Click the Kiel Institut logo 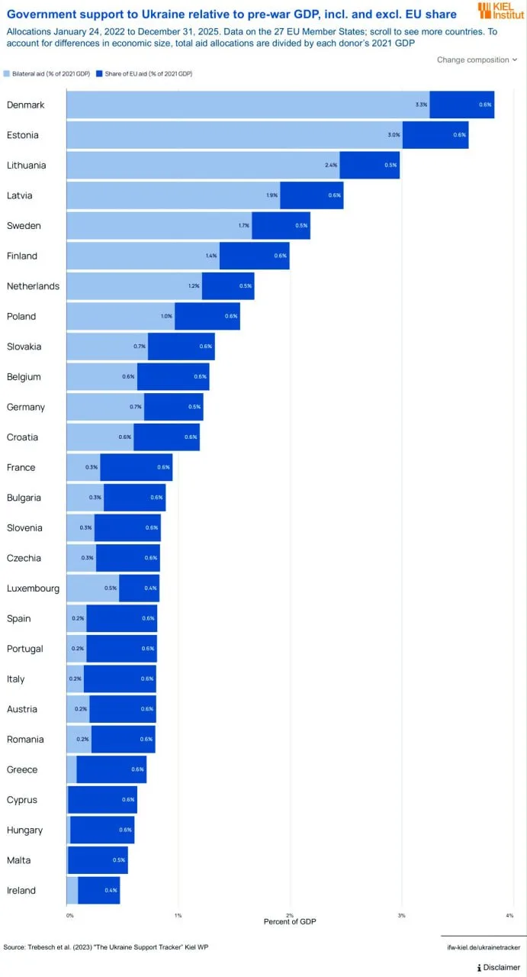click(500, 11)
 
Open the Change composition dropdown click(477, 60)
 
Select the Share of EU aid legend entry click(153, 73)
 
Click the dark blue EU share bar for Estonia click(435, 135)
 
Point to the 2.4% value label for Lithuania click(329, 166)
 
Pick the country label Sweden click(24, 226)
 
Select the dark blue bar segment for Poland click(207, 316)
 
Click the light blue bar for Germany click(105, 407)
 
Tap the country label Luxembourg click(33, 588)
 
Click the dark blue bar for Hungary click(101, 830)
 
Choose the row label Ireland click(21, 891)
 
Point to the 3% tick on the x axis click(401, 914)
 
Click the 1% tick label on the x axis click(178, 914)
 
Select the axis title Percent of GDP click(289, 922)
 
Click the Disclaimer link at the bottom click(499, 967)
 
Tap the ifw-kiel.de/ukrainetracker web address click(483, 947)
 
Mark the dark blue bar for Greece click(111, 769)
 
